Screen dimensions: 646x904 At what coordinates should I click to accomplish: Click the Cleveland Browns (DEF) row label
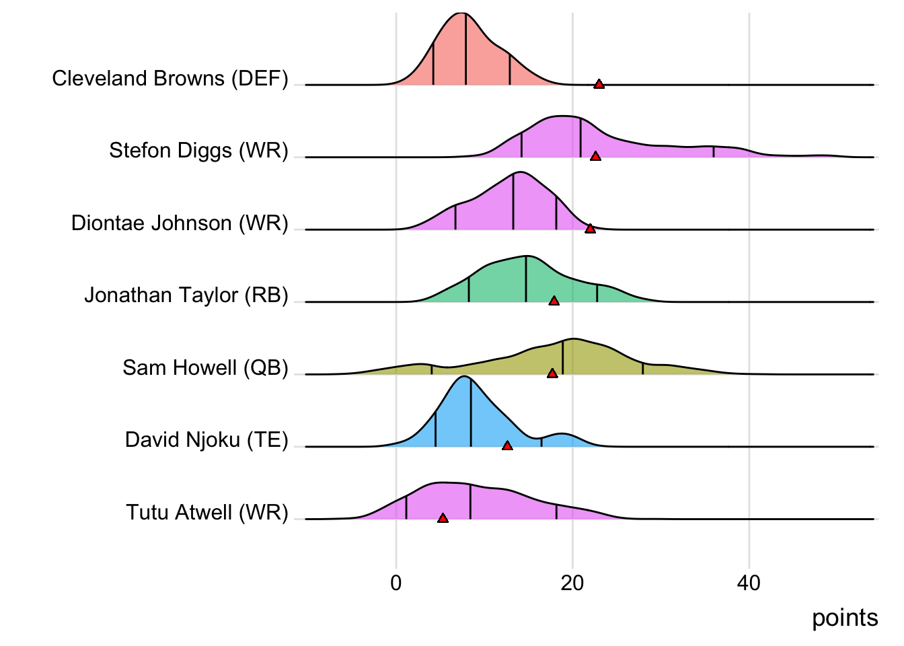point(169,79)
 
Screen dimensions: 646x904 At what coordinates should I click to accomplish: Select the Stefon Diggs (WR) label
point(198,151)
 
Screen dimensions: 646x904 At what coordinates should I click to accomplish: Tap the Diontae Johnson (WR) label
point(180,223)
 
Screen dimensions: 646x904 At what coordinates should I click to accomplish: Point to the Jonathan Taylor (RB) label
point(186,295)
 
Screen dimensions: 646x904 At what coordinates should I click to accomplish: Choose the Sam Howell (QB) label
point(205,368)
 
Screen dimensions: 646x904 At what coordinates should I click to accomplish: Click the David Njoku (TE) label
point(206,440)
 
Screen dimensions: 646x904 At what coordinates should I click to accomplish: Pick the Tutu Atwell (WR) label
point(207,513)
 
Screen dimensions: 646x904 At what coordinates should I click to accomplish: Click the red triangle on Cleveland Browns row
point(599,84)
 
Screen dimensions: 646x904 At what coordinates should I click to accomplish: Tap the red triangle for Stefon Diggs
point(595,156)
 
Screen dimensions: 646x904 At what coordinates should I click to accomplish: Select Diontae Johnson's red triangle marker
point(590,229)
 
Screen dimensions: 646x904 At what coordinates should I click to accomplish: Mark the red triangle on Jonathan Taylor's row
point(554,301)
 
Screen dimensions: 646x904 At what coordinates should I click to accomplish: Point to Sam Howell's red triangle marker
point(552,373)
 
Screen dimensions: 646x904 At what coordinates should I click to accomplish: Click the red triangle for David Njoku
point(507,445)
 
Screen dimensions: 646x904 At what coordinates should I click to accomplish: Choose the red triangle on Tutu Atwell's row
point(443,518)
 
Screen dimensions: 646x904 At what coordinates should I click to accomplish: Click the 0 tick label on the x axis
point(396,583)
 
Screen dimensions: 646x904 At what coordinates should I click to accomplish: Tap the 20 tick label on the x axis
point(572,583)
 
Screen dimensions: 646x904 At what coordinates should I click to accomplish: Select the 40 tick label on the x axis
point(749,583)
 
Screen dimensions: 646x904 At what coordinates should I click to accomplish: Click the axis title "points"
point(845,618)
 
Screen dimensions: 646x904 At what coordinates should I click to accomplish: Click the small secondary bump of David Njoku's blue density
point(562,439)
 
